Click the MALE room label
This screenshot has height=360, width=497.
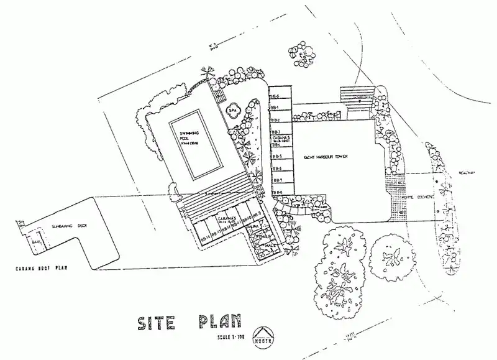tap(269, 247)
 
